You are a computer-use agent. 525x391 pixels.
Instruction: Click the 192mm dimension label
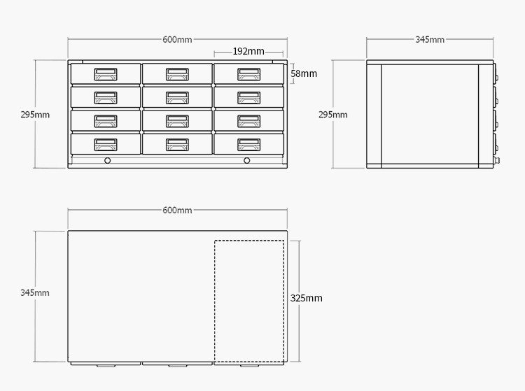(x=248, y=51)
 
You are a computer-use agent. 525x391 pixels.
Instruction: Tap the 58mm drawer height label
(x=304, y=73)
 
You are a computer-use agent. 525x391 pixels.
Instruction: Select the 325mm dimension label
(x=307, y=298)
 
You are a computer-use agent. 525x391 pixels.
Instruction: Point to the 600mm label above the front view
(x=177, y=40)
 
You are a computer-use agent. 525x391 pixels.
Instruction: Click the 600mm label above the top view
(x=177, y=211)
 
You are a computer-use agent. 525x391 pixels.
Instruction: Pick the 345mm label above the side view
(x=430, y=40)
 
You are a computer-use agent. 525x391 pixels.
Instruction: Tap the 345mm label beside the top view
(x=35, y=292)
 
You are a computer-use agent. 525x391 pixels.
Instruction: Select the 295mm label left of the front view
(x=35, y=114)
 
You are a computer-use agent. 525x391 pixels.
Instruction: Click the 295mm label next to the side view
(x=333, y=114)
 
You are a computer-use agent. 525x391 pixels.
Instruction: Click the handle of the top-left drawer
(x=106, y=73)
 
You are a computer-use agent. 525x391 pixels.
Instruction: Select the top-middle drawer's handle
(x=177, y=73)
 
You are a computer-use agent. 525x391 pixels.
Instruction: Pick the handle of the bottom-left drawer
(x=106, y=144)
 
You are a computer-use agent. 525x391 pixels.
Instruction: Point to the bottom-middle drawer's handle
(x=177, y=144)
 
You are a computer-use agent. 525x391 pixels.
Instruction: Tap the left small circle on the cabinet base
(x=107, y=161)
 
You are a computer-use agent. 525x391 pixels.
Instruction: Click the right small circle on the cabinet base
(x=247, y=161)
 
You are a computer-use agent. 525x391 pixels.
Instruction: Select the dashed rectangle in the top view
(x=248, y=301)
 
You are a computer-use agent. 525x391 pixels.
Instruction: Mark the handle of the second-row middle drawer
(x=177, y=97)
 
